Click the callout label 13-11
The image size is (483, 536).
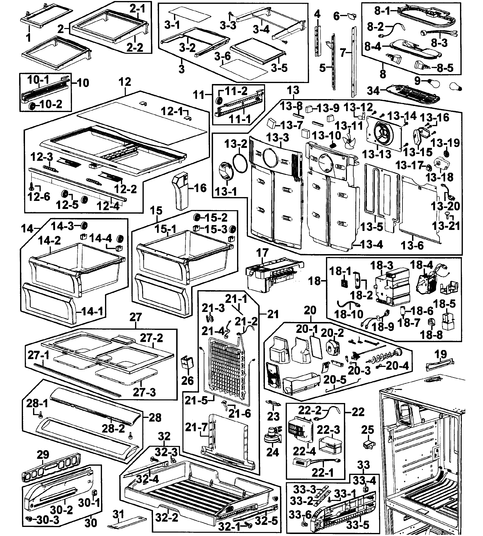click(349, 126)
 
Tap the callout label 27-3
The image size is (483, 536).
click(144, 392)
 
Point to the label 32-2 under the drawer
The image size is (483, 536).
click(166, 517)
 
